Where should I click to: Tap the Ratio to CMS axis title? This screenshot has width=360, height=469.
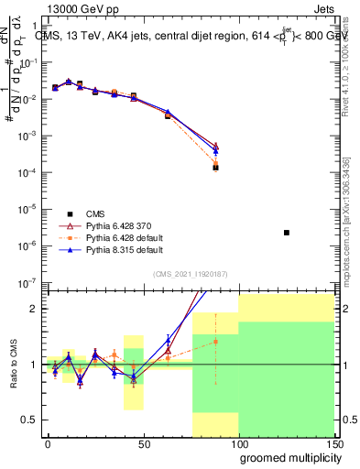point(16,364)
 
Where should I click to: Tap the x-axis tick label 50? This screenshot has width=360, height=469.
point(143,443)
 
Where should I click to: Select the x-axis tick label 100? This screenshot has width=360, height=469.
point(238,443)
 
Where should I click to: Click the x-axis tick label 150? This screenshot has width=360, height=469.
point(333,443)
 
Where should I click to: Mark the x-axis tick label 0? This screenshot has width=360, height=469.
point(48,443)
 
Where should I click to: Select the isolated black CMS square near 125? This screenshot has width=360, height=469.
point(287,233)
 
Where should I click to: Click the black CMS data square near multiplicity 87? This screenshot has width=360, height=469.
point(215,168)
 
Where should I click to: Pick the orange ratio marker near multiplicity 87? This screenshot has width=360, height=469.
point(215,342)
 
